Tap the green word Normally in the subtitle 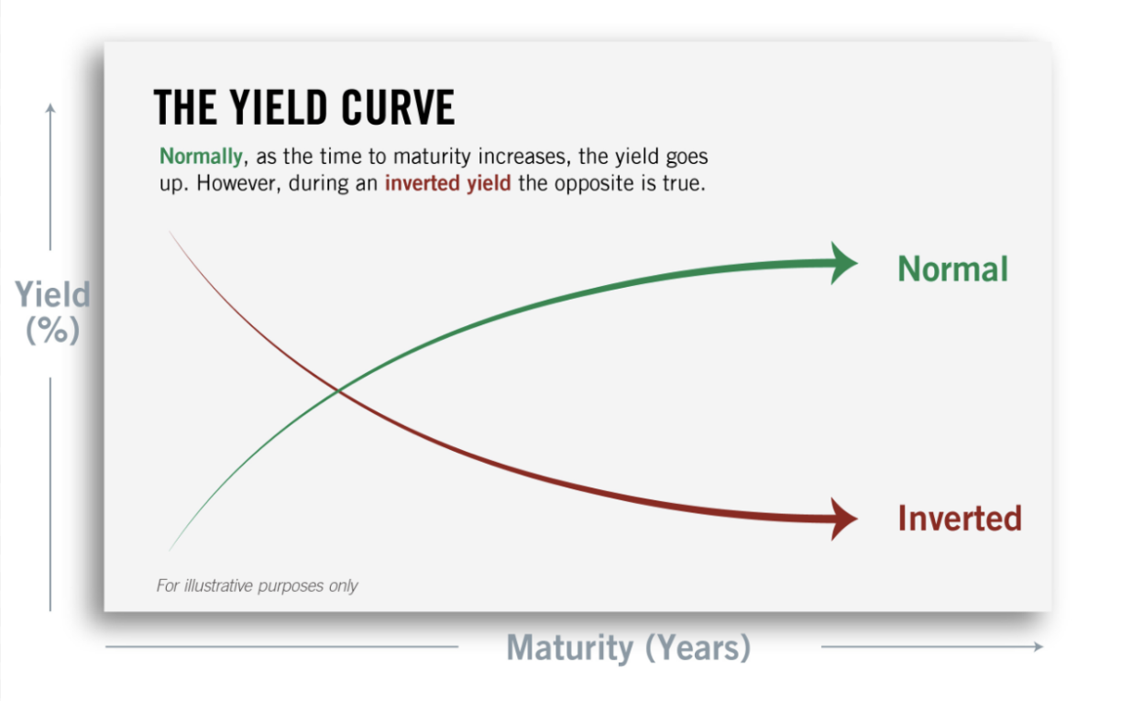[201, 156]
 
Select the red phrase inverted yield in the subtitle [447, 181]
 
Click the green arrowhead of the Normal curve [842, 264]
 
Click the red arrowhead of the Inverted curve [842, 519]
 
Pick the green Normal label [952, 268]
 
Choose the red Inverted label [959, 519]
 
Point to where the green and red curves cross [338, 391]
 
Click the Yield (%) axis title [52, 312]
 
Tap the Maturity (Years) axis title [629, 648]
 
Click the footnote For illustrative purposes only [257, 586]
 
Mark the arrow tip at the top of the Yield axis [50, 107]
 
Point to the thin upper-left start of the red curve [172, 234]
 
